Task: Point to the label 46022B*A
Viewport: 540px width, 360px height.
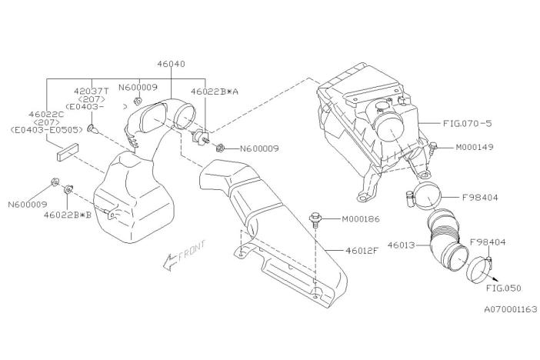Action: click(216, 90)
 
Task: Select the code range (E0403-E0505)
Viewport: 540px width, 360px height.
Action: click(45, 131)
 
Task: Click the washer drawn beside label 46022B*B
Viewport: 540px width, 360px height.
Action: click(68, 188)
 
